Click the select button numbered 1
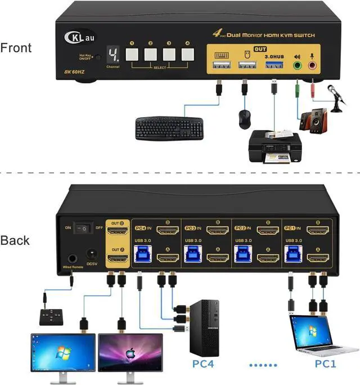pyautogui.click(x=132, y=54)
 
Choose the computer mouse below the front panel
pyautogui.click(x=244, y=118)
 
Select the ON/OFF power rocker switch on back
pyautogui.click(x=83, y=228)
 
